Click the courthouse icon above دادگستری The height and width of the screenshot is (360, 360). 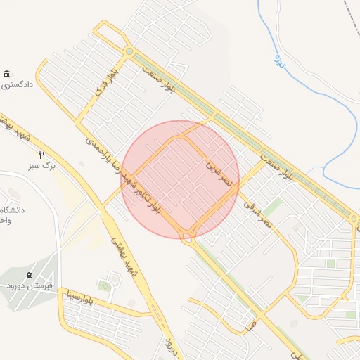[x=6, y=75]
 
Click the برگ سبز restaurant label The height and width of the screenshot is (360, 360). [x=41, y=167]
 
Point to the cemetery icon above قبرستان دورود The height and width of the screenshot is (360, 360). [x=29, y=275]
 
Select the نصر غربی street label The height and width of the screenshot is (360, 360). [x=214, y=170]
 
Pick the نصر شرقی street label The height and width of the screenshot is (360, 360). [x=257, y=214]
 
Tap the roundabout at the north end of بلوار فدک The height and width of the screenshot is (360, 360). [x=129, y=51]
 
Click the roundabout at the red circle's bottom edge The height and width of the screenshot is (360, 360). [x=188, y=236]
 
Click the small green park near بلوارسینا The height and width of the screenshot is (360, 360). [x=105, y=285]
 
